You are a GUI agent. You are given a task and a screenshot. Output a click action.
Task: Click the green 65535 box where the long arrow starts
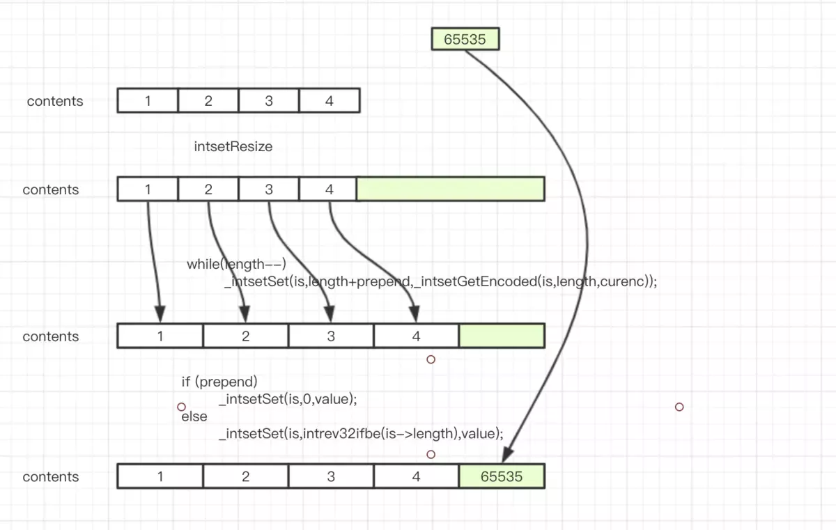tap(465, 39)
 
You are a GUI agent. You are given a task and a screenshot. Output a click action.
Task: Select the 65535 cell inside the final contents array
tap(502, 476)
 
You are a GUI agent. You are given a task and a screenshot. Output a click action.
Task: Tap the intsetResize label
tap(233, 147)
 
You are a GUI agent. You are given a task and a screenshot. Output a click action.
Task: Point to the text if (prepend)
tap(219, 382)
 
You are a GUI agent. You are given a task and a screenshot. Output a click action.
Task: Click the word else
tap(194, 416)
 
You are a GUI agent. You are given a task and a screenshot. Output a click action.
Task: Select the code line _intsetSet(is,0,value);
tap(288, 399)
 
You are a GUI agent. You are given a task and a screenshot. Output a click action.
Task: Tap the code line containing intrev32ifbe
tap(360, 433)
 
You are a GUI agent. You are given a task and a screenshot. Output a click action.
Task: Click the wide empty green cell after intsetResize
tap(450, 189)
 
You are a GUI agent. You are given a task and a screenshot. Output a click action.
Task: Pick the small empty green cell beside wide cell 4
tap(502, 336)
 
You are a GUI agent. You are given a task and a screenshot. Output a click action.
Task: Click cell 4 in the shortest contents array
tap(329, 100)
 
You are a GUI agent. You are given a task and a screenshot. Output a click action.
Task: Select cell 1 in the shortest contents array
tap(148, 100)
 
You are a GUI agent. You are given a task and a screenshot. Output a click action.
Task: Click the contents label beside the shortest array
tap(55, 101)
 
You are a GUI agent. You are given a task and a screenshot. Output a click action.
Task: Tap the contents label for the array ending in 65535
tap(51, 477)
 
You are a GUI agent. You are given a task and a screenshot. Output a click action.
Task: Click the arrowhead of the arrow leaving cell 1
tap(160, 313)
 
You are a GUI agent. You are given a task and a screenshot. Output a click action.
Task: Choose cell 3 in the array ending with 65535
tap(331, 476)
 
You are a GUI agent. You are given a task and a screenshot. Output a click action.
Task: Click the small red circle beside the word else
tap(181, 407)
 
